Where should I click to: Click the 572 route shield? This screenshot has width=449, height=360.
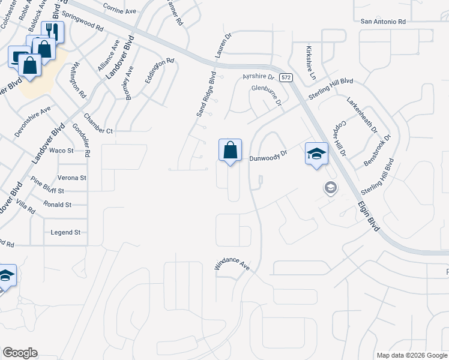(286, 77)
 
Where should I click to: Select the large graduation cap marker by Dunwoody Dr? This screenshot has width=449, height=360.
(316, 154)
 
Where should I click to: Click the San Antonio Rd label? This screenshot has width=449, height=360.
(383, 22)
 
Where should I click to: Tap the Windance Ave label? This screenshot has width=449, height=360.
(232, 265)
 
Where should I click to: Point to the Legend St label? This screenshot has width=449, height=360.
(65, 232)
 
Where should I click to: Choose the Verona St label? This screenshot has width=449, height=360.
(72, 178)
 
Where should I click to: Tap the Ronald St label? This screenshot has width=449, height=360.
(58, 205)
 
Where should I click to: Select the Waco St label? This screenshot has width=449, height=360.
(61, 150)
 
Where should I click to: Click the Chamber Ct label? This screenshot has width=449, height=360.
(98, 131)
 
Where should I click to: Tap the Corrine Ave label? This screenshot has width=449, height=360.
(121, 11)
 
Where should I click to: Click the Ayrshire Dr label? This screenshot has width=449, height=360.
(258, 77)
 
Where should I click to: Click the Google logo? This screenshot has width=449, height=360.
(20, 353)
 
